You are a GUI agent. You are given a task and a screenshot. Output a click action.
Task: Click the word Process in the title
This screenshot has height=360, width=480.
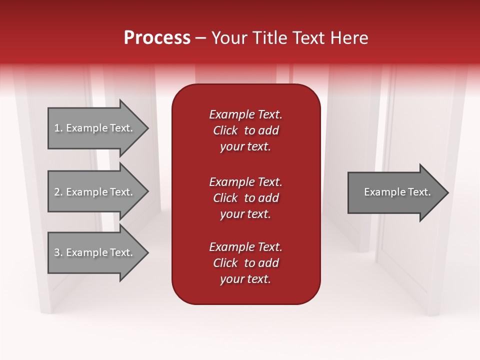(157, 38)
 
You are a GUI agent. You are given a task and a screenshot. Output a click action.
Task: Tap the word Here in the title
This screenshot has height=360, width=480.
(349, 38)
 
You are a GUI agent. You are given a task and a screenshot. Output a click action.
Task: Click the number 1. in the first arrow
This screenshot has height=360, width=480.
(58, 128)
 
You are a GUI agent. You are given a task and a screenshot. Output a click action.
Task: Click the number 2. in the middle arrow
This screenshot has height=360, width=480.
(58, 192)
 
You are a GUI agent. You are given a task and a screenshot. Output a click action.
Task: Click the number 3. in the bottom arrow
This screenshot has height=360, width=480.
(58, 252)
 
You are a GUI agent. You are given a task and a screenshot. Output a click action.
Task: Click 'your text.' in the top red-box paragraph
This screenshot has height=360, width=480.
(245, 147)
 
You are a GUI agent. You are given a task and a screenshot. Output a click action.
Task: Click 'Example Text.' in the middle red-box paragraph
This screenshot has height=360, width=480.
(245, 181)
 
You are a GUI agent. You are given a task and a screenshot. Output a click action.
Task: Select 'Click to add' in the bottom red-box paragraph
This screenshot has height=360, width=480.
(245, 263)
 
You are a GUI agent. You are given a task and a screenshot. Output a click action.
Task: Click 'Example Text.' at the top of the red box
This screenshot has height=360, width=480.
(245, 114)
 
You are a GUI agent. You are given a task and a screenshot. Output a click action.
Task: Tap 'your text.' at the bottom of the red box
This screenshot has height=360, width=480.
(245, 279)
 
